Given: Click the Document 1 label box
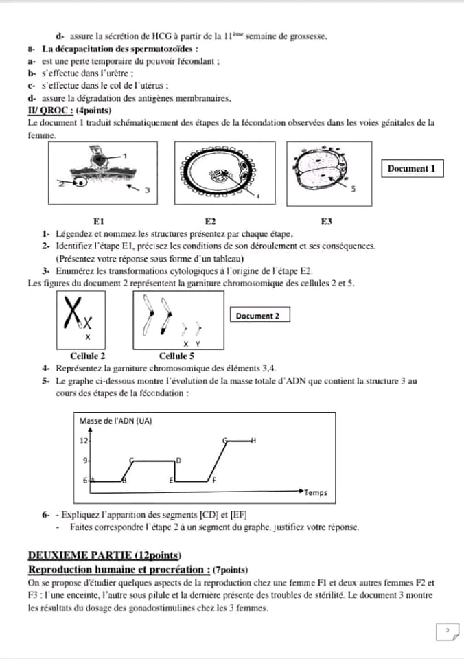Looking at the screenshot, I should point(411,168).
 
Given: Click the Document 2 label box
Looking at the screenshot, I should point(257,316).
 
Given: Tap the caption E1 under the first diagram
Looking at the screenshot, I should point(99,221).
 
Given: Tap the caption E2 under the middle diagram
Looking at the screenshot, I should point(210,221).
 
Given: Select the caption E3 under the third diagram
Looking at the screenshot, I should point(327,221).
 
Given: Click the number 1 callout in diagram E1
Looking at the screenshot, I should point(125,156).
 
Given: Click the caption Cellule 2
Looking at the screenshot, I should point(88,356).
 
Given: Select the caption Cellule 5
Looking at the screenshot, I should point(176,356).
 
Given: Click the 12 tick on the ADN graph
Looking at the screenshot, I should point(84,440).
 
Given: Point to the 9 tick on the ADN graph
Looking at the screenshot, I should point(85,460).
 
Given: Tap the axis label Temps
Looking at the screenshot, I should point(316,493).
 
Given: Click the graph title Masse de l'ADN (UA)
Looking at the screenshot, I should point(115,421).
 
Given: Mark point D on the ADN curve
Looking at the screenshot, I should point(179,459).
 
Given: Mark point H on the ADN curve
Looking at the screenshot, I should point(253,440).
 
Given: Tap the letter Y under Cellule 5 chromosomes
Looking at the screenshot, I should point(198,344).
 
